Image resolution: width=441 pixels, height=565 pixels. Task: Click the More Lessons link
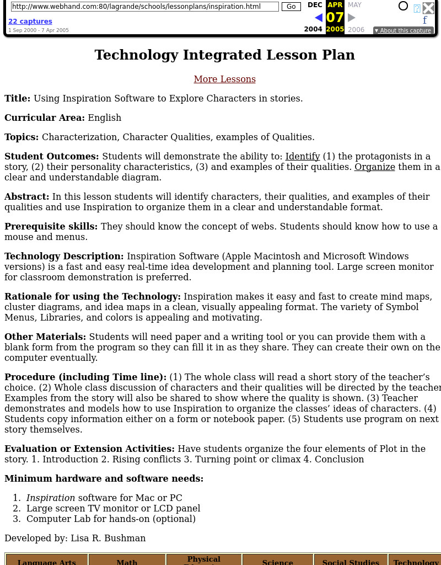pyautogui.click(x=224, y=79)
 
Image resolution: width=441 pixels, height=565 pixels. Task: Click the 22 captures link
pyautogui.click(x=30, y=22)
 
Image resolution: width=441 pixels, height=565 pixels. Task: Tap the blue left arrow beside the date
pyautogui.click(x=318, y=18)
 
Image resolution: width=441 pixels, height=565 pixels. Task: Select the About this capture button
pyautogui.click(x=403, y=30)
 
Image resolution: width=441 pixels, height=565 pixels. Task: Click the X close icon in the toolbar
pyautogui.click(x=428, y=8)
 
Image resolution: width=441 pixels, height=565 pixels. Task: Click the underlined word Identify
pyautogui.click(x=303, y=156)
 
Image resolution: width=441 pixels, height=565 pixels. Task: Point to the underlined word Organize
pyautogui.click(x=374, y=167)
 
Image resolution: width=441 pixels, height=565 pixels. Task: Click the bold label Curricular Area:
pyautogui.click(x=45, y=118)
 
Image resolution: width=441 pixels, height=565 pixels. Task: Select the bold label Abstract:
pyautogui.click(x=27, y=196)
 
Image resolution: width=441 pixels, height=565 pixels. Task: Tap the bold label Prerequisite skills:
pyautogui.click(x=51, y=226)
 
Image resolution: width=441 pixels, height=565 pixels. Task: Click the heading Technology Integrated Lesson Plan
pyautogui.click(x=224, y=55)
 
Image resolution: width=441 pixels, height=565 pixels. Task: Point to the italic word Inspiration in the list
pyautogui.click(x=51, y=498)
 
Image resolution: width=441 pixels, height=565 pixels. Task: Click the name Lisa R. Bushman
pyautogui.click(x=108, y=538)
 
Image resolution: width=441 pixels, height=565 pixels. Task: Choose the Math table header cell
pyautogui.click(x=127, y=561)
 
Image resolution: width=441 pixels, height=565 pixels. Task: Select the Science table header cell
pyautogui.click(x=277, y=561)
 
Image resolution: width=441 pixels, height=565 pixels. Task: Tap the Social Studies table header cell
pyautogui.click(x=351, y=561)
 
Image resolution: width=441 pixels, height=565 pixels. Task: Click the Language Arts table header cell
pyautogui.click(x=47, y=561)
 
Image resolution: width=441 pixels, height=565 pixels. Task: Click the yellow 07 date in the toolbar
pyautogui.click(x=335, y=18)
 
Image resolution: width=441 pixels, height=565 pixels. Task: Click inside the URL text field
pyautogui.click(x=144, y=7)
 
